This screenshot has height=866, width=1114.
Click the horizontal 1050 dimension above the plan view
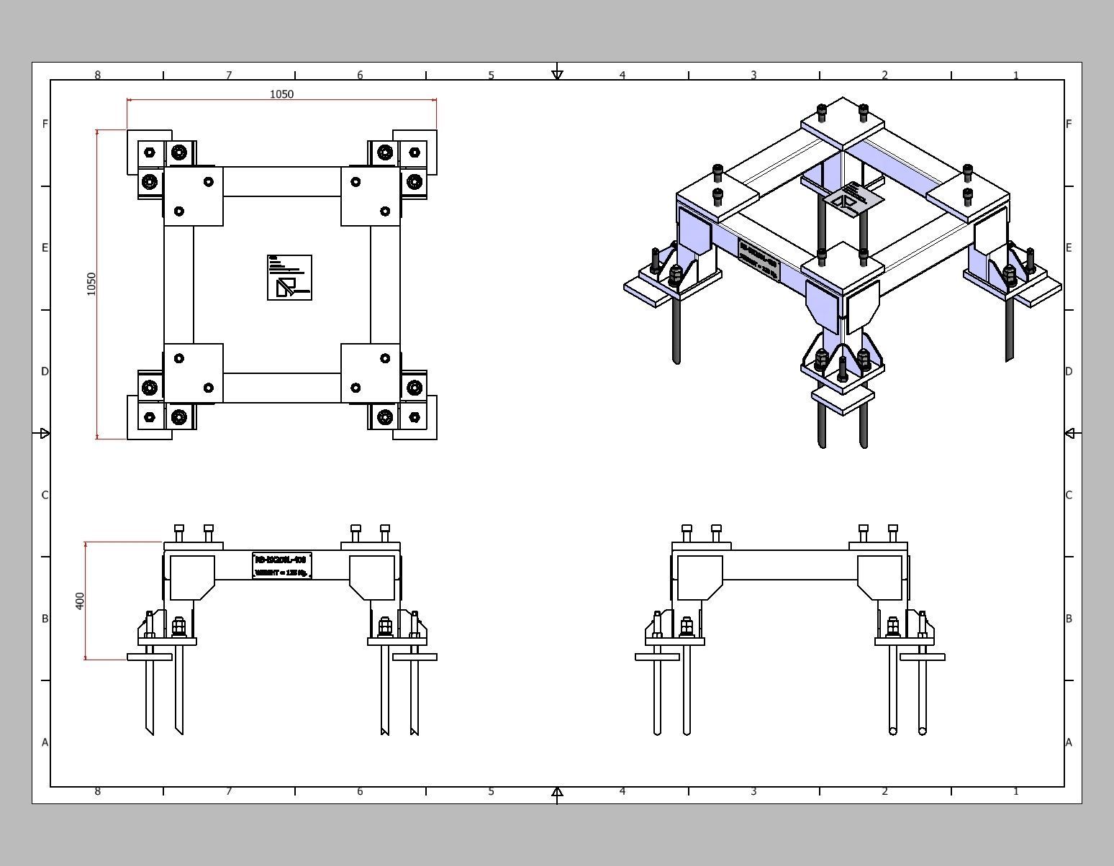(281, 94)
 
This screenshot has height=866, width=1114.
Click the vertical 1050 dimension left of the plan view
(91, 283)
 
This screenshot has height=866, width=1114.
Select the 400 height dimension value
(80, 601)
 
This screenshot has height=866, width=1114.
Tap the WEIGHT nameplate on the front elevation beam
(282, 565)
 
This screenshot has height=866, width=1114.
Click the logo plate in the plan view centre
(289, 278)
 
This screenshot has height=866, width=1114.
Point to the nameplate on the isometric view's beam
(759, 260)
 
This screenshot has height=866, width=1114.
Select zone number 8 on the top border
(98, 75)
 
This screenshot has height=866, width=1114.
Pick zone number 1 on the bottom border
(1015, 791)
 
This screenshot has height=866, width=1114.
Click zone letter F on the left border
(45, 124)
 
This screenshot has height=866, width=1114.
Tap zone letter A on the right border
(1069, 742)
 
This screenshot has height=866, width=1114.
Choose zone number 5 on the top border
(491, 75)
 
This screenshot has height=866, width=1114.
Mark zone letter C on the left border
(45, 495)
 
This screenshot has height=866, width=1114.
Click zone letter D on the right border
(1069, 371)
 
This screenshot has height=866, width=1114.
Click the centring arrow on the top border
(557, 75)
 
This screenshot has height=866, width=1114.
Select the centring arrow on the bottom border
(557, 792)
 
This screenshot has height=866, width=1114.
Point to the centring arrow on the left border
(45, 433)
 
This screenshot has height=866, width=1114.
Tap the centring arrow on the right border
(1069, 433)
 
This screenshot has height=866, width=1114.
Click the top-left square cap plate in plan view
(194, 196)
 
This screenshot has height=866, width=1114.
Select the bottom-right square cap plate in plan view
(370, 373)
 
